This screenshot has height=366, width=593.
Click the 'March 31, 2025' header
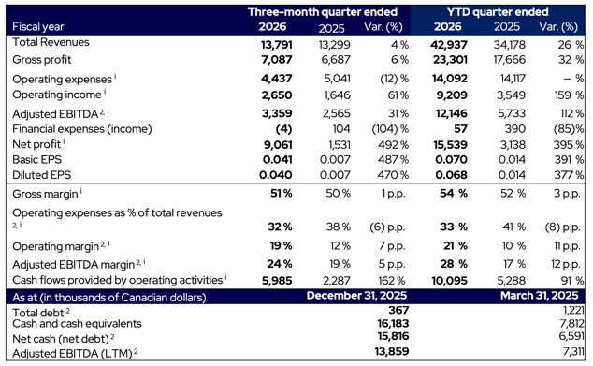[x=540, y=297]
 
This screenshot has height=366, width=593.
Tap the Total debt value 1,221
[x=571, y=310]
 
